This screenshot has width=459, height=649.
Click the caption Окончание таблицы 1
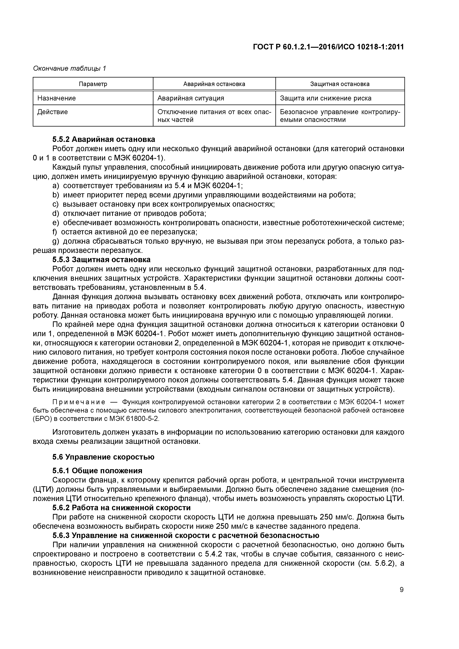(70, 68)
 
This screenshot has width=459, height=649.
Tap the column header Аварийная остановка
(214, 84)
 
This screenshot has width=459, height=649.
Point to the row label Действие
(53, 112)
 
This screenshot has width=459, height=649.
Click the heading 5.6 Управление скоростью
(103, 457)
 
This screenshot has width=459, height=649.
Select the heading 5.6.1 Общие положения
(97, 471)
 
